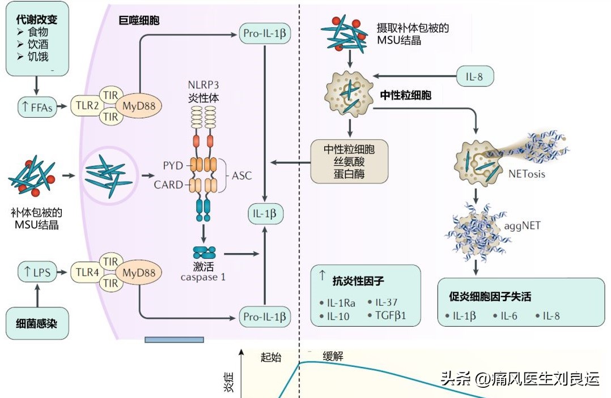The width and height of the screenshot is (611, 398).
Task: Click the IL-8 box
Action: [x=476, y=76]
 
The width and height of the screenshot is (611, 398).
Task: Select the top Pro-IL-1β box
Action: [x=265, y=33]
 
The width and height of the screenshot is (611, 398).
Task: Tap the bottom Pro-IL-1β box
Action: [x=265, y=316]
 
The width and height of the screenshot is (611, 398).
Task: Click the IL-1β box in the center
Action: [x=265, y=213]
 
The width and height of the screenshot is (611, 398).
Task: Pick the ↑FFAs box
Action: [x=38, y=106]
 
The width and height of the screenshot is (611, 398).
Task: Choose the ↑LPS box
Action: [x=38, y=273]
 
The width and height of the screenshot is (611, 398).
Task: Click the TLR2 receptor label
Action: [x=84, y=106]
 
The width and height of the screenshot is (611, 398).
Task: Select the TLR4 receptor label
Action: [x=84, y=273]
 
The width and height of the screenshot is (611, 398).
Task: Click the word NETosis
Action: [x=527, y=174]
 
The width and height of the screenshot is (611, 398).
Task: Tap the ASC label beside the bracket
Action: [x=242, y=176]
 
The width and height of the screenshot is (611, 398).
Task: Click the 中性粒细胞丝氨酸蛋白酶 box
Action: [x=349, y=161]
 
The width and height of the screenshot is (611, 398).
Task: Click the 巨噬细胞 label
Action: [x=138, y=21]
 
